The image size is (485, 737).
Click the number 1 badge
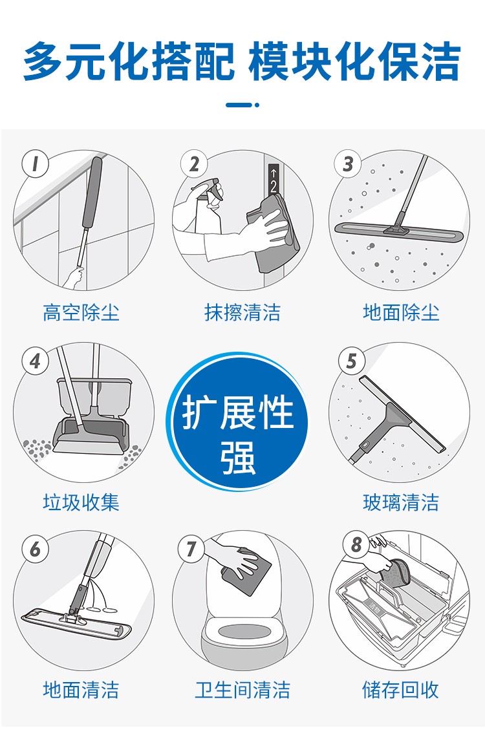click(x=36, y=164)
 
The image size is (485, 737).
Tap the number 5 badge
click(x=352, y=361)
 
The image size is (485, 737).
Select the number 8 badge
click(x=356, y=544)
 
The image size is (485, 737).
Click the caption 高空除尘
click(x=81, y=312)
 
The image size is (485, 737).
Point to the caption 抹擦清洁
click(x=242, y=312)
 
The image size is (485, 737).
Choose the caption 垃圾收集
click(x=81, y=502)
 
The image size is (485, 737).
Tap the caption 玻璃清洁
click(x=401, y=502)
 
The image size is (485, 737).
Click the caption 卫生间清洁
click(x=242, y=690)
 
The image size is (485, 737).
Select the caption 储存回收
click(x=400, y=690)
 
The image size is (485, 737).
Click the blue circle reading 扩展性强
click(x=238, y=422)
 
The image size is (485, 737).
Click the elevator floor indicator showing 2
click(x=274, y=179)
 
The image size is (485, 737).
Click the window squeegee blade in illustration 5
click(x=402, y=414)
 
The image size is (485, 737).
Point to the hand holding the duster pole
click(x=74, y=277)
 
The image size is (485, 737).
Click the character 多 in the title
click(x=43, y=61)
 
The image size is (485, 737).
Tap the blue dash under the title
click(x=242, y=104)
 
